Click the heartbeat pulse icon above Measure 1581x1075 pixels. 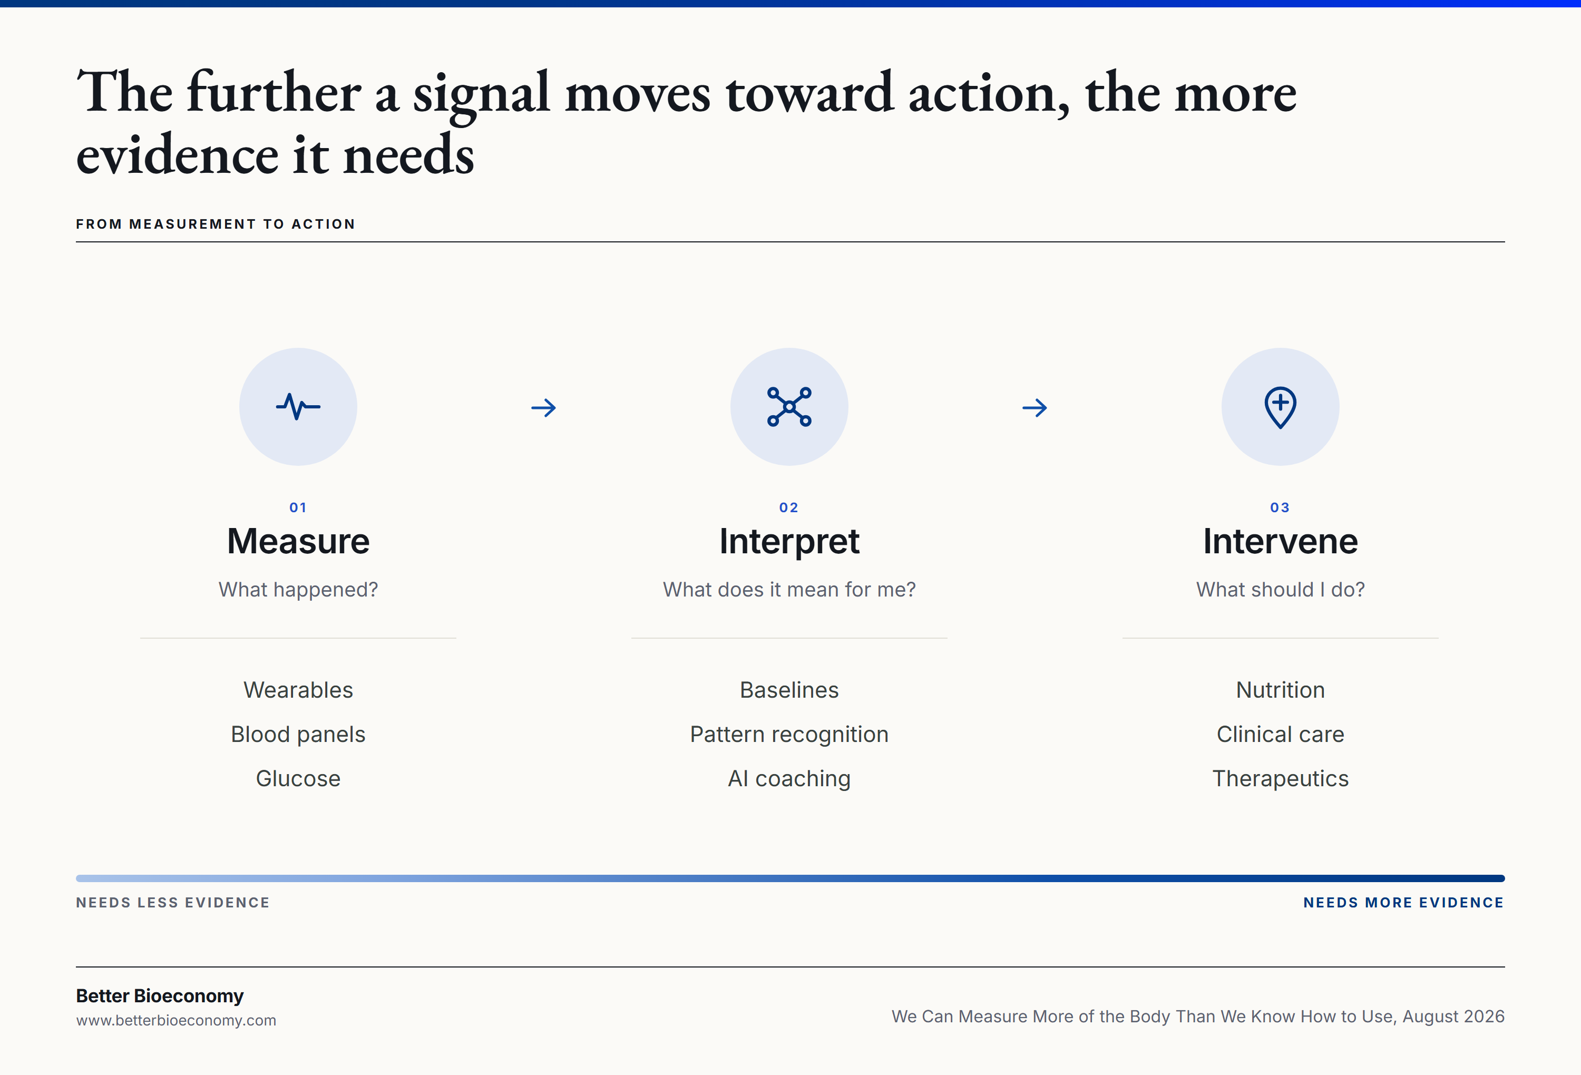point(298,407)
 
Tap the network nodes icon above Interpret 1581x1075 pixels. point(789,407)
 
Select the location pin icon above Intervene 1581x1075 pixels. point(1280,407)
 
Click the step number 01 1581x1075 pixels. point(298,507)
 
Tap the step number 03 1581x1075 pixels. point(1280,507)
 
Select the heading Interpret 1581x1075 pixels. point(789,542)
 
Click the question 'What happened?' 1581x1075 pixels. point(298,589)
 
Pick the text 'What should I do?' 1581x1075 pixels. point(1280,589)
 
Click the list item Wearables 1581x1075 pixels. point(298,690)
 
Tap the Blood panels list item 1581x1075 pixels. point(298,734)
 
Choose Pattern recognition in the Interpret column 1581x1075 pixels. point(789,734)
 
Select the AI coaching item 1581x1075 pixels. point(789,778)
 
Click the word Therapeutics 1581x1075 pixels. point(1280,778)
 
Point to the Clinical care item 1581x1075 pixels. point(1280,734)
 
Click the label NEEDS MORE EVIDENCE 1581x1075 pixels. point(1403,902)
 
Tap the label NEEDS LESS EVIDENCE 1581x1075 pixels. point(173,902)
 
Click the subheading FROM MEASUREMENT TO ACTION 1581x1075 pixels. point(216,224)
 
